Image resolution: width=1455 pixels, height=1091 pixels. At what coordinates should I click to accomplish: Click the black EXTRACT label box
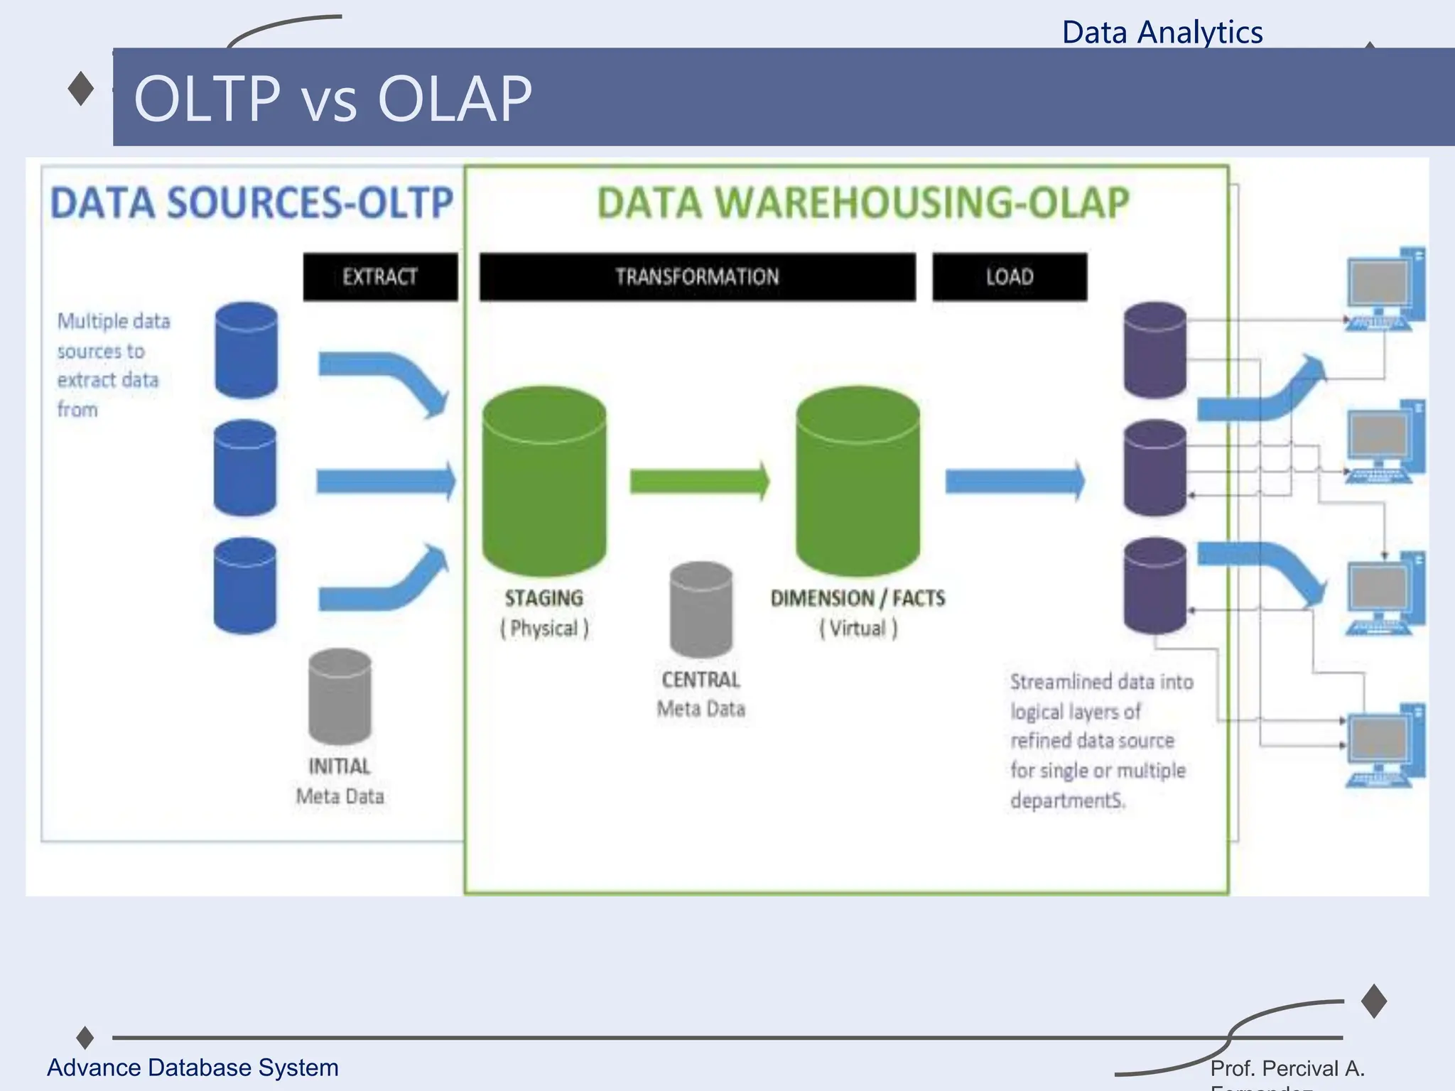click(380, 276)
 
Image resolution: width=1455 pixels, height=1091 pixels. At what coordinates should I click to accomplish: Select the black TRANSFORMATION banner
click(697, 276)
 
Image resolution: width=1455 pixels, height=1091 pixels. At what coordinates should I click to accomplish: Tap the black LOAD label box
click(1010, 276)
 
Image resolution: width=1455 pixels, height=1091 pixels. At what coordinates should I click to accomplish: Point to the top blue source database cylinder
click(246, 350)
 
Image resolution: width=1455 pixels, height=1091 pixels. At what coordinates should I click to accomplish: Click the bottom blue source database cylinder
click(245, 585)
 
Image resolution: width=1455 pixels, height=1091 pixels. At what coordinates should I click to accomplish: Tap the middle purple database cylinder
click(1154, 467)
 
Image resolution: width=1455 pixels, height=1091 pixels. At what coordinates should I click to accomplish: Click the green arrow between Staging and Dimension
click(699, 482)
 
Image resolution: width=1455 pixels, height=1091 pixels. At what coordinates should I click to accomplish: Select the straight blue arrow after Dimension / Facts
click(1015, 482)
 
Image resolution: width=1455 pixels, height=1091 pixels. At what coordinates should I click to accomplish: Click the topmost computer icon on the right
click(1385, 290)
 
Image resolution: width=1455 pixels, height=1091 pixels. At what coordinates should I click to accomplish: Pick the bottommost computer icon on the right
click(1385, 746)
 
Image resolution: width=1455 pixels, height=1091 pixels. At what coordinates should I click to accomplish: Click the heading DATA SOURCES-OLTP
click(251, 203)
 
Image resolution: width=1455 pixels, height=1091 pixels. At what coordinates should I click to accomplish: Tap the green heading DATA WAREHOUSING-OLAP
click(862, 203)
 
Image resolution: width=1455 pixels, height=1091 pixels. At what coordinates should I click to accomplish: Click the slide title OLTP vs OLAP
click(332, 99)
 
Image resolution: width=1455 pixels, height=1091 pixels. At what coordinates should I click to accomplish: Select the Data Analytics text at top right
click(1162, 33)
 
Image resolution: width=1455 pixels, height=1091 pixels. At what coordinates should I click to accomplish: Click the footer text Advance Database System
click(193, 1068)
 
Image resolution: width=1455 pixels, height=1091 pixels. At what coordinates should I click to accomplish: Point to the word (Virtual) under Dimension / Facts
click(858, 629)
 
